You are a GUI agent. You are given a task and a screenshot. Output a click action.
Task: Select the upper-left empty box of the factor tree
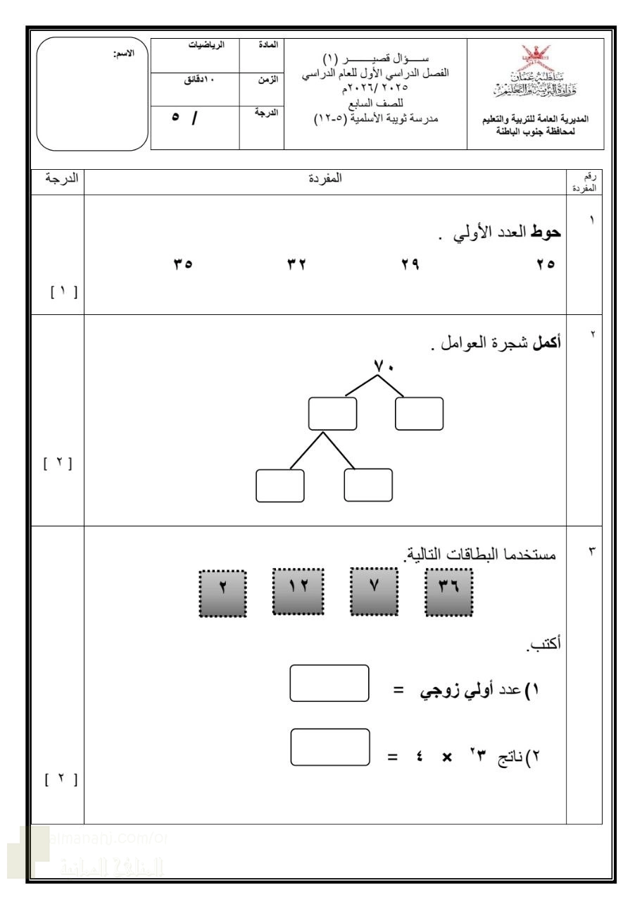click(332, 414)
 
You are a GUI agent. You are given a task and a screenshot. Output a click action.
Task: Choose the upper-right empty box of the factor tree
click(419, 414)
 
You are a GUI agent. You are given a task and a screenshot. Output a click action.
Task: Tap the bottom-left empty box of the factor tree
click(280, 485)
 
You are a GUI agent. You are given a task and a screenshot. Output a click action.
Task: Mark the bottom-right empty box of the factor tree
click(368, 485)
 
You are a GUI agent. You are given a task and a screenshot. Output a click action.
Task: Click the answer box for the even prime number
click(329, 684)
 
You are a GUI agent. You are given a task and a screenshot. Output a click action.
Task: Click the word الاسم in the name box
click(124, 54)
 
